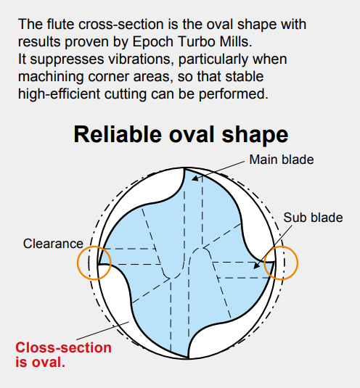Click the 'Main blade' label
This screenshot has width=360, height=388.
[x=282, y=160]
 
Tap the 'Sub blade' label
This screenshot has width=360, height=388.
[x=313, y=218]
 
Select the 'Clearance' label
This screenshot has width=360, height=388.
[x=53, y=244]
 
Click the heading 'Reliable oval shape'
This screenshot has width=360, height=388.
[x=181, y=135]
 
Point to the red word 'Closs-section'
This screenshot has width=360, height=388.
[x=63, y=347]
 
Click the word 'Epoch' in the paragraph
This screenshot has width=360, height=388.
[x=152, y=42]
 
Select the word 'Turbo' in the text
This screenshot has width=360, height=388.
[x=195, y=41]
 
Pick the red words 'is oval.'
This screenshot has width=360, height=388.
[x=40, y=362]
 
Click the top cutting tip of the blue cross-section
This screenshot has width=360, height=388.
[x=184, y=168]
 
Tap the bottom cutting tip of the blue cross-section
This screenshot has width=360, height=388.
[x=188, y=358]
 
